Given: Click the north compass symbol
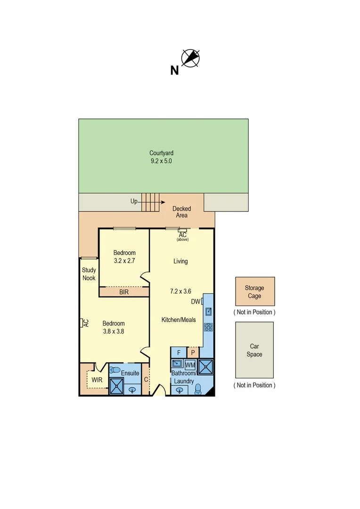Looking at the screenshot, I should click(x=190, y=58).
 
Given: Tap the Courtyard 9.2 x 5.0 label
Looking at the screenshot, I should click(x=161, y=157).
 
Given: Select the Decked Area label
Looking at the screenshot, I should click(x=181, y=212).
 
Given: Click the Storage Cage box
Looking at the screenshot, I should click(x=254, y=292).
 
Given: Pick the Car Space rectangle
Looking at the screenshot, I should click(x=254, y=350).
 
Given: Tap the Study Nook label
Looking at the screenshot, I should click(x=89, y=274).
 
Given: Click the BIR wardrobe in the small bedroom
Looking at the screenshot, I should click(x=123, y=292).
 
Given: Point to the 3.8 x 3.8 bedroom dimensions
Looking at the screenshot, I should click(x=114, y=331).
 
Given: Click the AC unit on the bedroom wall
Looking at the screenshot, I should click(x=82, y=323).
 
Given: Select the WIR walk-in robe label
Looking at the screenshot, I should click(x=97, y=380).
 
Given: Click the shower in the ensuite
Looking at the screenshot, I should click(x=116, y=386).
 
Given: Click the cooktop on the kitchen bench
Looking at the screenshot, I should click(x=208, y=326).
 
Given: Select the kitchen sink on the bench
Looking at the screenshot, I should click(x=208, y=311).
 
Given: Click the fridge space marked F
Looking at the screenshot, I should click(x=179, y=353).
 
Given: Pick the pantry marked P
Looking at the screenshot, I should click(x=193, y=353).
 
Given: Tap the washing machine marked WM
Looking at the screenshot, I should click(x=190, y=365).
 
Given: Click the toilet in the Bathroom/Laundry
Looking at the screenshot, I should click(x=198, y=388).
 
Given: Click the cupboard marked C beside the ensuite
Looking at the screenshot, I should click(x=146, y=379).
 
